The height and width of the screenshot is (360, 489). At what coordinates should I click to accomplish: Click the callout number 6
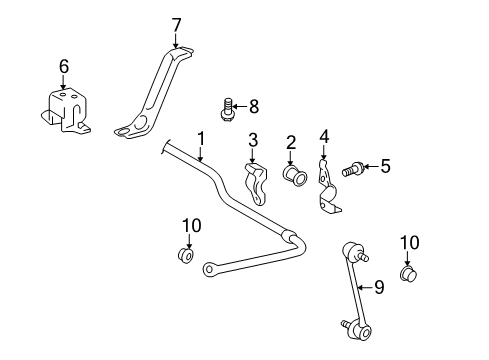pyautogui.click(x=64, y=67)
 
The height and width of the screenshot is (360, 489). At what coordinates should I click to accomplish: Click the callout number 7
pyautogui.click(x=176, y=25)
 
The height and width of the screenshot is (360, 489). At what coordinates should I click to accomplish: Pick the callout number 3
pyautogui.click(x=254, y=139)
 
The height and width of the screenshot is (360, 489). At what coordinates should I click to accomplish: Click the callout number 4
pyautogui.click(x=323, y=137)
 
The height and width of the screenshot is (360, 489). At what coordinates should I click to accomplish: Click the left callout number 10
pyautogui.click(x=190, y=223)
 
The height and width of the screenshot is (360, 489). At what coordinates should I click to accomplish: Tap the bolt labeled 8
pyautogui.click(x=229, y=107)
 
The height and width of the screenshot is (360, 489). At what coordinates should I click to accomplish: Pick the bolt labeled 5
pyautogui.click(x=351, y=169)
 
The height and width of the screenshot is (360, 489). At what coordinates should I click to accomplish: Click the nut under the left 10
pyautogui.click(x=187, y=255)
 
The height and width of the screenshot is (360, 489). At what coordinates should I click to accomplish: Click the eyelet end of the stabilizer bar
pyautogui.click(x=209, y=268)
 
